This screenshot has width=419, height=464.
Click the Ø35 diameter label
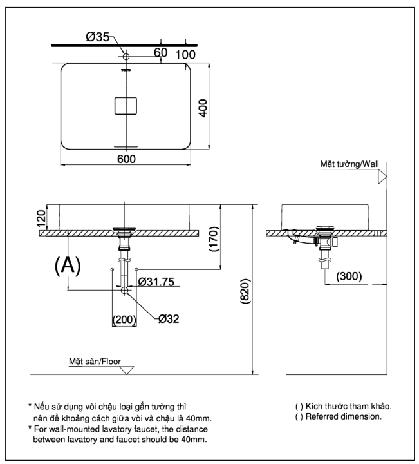pyautogui.click(x=99, y=37)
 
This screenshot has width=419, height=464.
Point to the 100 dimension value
pyautogui.click(x=185, y=54)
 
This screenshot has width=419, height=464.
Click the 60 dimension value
pyautogui.click(x=160, y=52)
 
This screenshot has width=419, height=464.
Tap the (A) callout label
pyautogui.click(x=67, y=266)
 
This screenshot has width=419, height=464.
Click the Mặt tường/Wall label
pyautogui.click(x=350, y=164)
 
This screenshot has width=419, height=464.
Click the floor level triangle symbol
pyautogui.click(x=127, y=371)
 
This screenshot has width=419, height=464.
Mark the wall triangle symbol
pyautogui.click(x=382, y=175)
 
